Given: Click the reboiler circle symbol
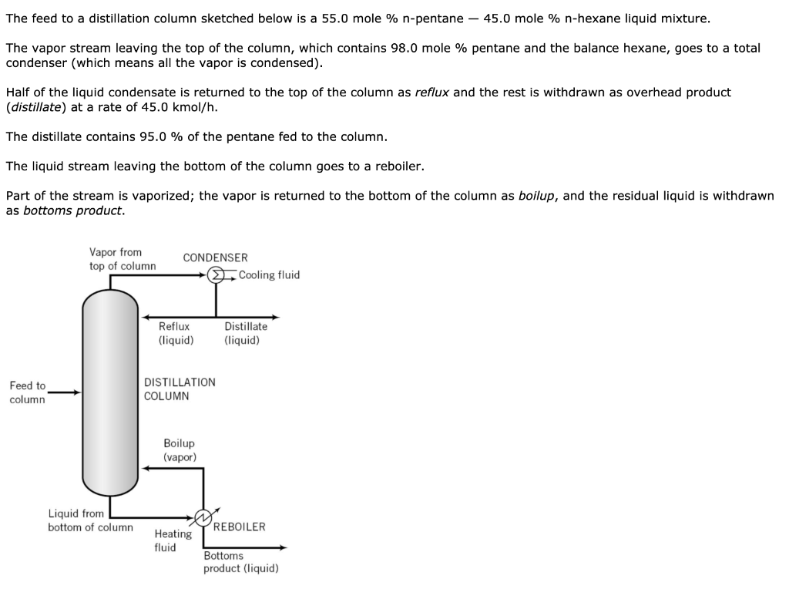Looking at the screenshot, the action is pos(203,517).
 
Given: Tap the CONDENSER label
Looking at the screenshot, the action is pos(215,257).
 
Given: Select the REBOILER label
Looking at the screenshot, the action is pos(239,527).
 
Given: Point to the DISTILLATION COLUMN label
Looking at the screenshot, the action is pos(180,389).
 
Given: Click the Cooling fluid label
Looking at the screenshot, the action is pos(269,275).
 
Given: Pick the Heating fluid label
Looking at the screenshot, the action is pos(173,540).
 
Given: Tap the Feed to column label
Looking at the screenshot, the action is pos(28,392).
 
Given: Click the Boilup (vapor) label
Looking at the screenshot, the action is pos(179,450).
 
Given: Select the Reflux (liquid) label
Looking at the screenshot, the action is pos(175,333).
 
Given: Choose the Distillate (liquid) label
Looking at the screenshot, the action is pos(246,333).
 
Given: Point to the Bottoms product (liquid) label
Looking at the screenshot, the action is pos(240,562).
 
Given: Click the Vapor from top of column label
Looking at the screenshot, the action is pos(122,259).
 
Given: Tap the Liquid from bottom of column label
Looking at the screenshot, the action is pos(89,520).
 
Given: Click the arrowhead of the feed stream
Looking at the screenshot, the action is pos(76,392).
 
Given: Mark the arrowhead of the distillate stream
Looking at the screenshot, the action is pos(275,317).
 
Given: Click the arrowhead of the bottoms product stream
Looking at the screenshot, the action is pos(283,547).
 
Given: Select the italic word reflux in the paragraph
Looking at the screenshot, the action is pos(433,93).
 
